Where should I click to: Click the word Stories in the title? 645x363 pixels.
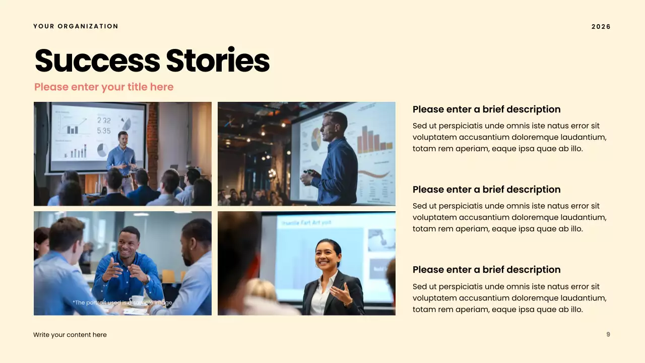(218, 61)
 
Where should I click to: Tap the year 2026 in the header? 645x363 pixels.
(601, 27)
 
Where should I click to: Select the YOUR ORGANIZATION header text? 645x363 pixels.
(76, 26)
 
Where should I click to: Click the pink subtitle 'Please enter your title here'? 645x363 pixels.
(104, 87)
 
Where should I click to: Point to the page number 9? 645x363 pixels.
(608, 334)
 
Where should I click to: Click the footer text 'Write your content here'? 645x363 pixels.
(70, 335)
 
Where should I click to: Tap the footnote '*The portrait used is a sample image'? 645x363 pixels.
(122, 302)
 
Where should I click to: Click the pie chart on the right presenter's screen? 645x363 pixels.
(316, 139)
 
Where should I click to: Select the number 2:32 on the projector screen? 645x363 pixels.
(104, 120)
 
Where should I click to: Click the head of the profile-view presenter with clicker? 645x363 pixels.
(335, 125)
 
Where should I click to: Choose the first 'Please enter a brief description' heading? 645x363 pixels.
(486, 109)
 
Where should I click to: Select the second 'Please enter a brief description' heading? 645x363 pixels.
(486, 190)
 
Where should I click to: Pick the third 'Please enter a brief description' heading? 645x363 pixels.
(486, 270)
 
